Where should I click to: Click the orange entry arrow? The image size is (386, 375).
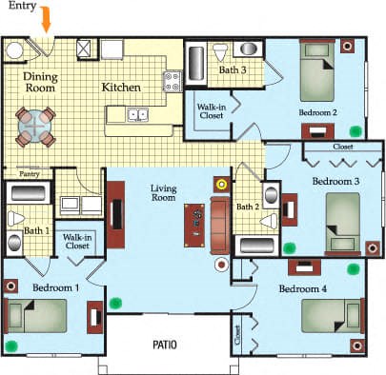point(46,18)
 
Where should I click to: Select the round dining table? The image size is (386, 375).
point(36,126)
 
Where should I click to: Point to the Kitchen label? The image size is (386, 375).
point(121,88)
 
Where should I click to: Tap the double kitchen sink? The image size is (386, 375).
point(138,114)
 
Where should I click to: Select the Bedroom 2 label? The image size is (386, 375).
point(318,111)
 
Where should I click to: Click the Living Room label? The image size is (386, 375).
point(166,194)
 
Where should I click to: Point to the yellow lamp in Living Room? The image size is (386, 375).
point(221,184)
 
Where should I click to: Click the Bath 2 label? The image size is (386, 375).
point(247,207)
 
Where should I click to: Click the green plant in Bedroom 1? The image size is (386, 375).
point(116,304)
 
